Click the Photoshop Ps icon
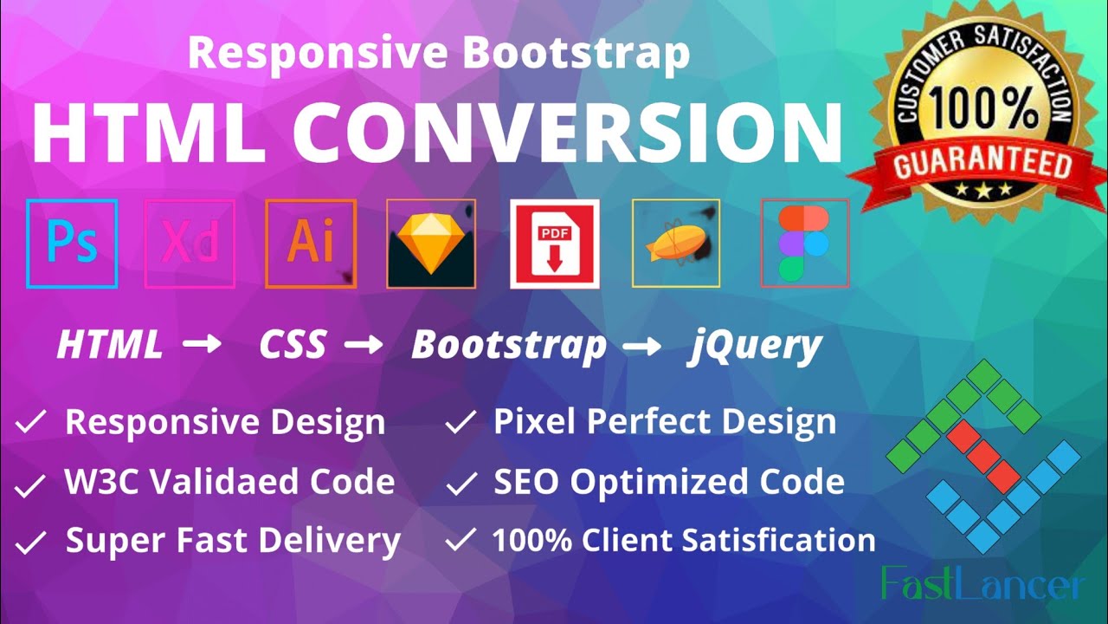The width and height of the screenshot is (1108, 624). click(x=72, y=244)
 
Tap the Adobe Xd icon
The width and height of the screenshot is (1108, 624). click(x=190, y=244)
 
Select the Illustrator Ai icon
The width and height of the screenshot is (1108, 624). click(x=311, y=244)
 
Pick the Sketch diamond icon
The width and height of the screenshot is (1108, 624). click(x=431, y=244)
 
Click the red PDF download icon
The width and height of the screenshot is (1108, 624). click(x=555, y=244)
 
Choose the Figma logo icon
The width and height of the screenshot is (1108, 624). click(x=804, y=244)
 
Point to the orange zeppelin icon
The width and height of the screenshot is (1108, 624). click(x=676, y=244)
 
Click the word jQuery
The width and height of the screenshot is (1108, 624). click(x=756, y=346)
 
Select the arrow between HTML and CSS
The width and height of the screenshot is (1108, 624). click(x=202, y=346)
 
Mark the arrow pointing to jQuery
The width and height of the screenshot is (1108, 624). click(x=643, y=346)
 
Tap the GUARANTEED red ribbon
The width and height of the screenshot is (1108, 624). click(x=982, y=165)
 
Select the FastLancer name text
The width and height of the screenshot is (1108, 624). click(x=983, y=584)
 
